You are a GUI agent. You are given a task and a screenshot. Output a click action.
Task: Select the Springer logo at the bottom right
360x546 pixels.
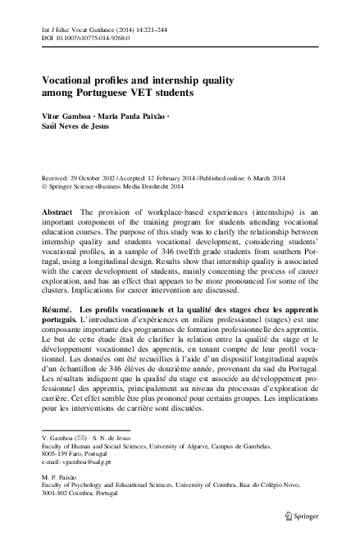pyautogui.click(x=301, y=516)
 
